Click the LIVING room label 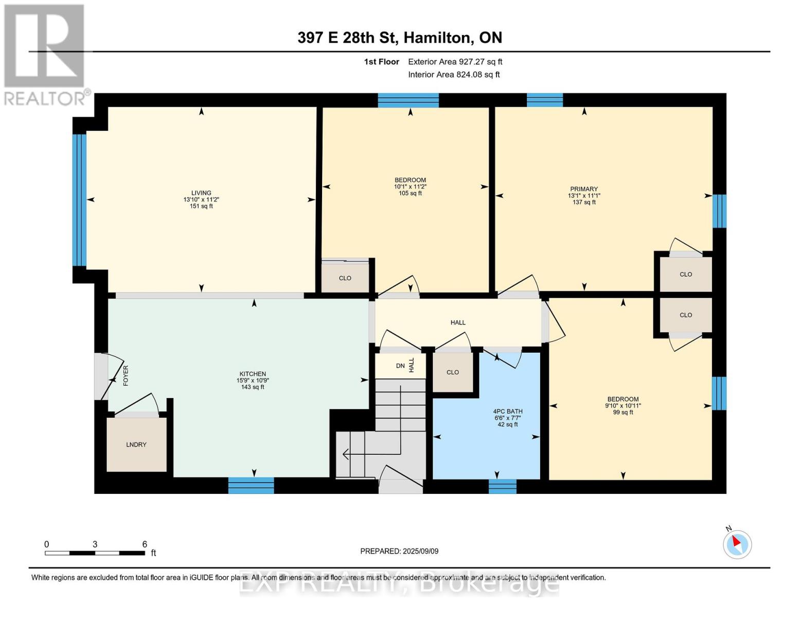pos(201,193)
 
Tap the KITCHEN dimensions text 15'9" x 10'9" pos(252,381)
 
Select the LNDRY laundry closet pos(136,444)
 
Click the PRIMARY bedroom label pos(583,189)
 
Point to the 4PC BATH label pos(507,411)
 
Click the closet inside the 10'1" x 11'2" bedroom pos(345,278)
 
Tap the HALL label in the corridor pos(457,322)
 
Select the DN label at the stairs pos(400,366)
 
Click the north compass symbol pos(737,544)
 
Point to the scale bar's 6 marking pos(145,544)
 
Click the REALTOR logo pos(45,54)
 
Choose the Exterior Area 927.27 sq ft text pos(455,62)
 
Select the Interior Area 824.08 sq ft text pos(454,75)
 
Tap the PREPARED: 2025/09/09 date pos(399,551)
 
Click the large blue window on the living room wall pos(79,200)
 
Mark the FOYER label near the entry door pos(126,375)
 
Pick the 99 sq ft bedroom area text pos(623,413)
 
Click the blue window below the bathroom pos(502,486)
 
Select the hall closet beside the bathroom pos(452,372)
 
